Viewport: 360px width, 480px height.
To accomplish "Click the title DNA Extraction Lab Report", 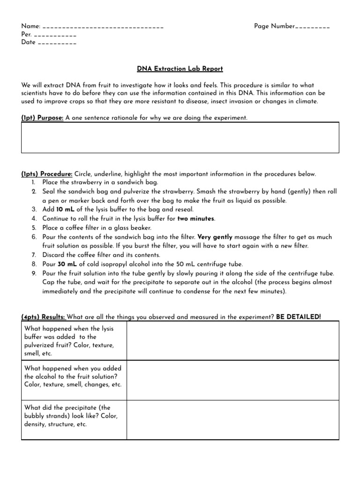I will (180, 69).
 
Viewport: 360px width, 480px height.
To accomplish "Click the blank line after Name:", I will (103, 28).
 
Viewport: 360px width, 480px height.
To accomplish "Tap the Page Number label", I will (275, 26).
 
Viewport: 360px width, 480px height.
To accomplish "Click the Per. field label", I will (26, 35).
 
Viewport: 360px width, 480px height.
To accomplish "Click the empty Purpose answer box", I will (180, 137).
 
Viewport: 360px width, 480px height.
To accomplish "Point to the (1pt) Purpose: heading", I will (42, 118).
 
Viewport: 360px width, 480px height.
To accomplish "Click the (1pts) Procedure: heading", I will (47, 174).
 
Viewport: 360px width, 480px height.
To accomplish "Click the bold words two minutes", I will (196, 218).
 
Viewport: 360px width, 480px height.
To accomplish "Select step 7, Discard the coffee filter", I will (101, 255).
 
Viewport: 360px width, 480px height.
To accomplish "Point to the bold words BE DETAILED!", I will (299, 317).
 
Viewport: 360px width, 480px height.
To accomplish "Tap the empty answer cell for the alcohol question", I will (232, 380).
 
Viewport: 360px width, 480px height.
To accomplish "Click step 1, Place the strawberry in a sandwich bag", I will (100, 182).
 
